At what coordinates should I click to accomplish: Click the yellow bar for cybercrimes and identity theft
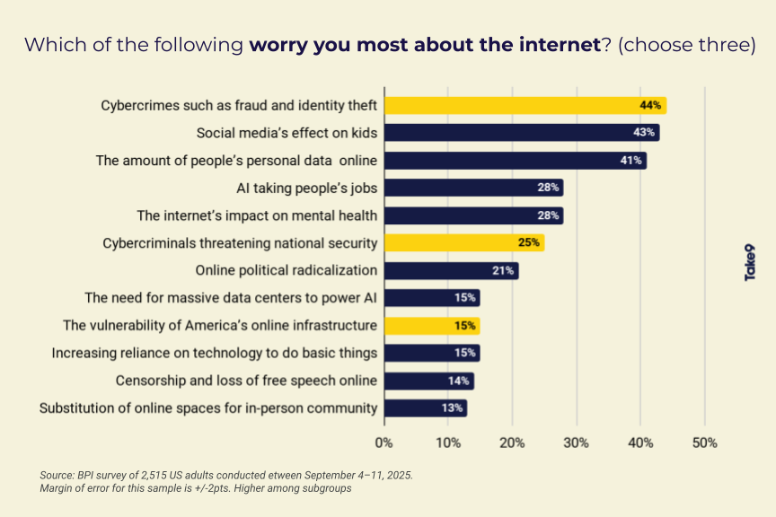[525, 105]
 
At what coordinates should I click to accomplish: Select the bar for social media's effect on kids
[521, 133]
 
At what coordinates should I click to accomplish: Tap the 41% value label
[630, 161]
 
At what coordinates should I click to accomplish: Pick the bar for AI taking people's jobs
[473, 188]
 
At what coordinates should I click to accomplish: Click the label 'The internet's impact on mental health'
[257, 215]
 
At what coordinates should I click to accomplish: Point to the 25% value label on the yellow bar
[530, 243]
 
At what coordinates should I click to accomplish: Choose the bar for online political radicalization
[451, 270]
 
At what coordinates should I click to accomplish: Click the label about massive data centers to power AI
[231, 298]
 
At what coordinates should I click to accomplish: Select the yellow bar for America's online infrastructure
[432, 326]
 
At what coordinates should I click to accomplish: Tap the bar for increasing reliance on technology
[432, 353]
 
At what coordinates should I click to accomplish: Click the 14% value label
[459, 381]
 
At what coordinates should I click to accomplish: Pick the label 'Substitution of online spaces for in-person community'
[208, 408]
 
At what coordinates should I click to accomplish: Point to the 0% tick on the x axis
[384, 443]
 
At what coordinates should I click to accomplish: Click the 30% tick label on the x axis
[576, 443]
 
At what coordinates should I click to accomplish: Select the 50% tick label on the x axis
[704, 443]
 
